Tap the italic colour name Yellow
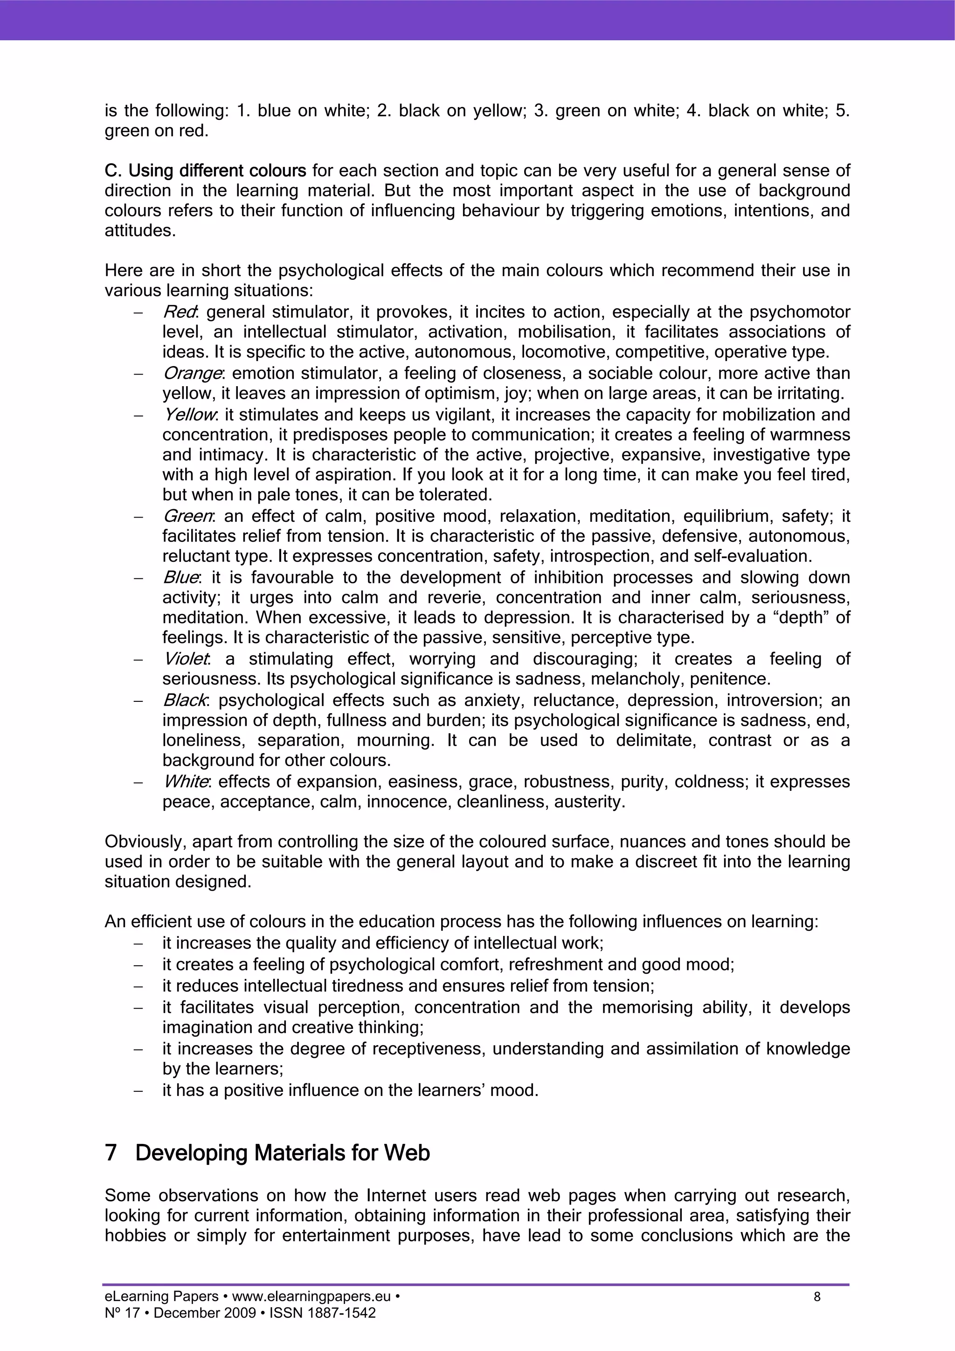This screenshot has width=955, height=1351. [189, 415]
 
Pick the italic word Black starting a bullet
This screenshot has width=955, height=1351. [184, 700]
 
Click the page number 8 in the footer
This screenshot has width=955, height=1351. [817, 1297]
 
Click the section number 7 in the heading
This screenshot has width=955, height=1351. [111, 1152]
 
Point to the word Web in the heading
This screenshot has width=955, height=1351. [407, 1152]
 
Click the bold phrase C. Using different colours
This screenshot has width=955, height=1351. [205, 171]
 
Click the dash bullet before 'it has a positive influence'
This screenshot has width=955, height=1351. [139, 1091]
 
